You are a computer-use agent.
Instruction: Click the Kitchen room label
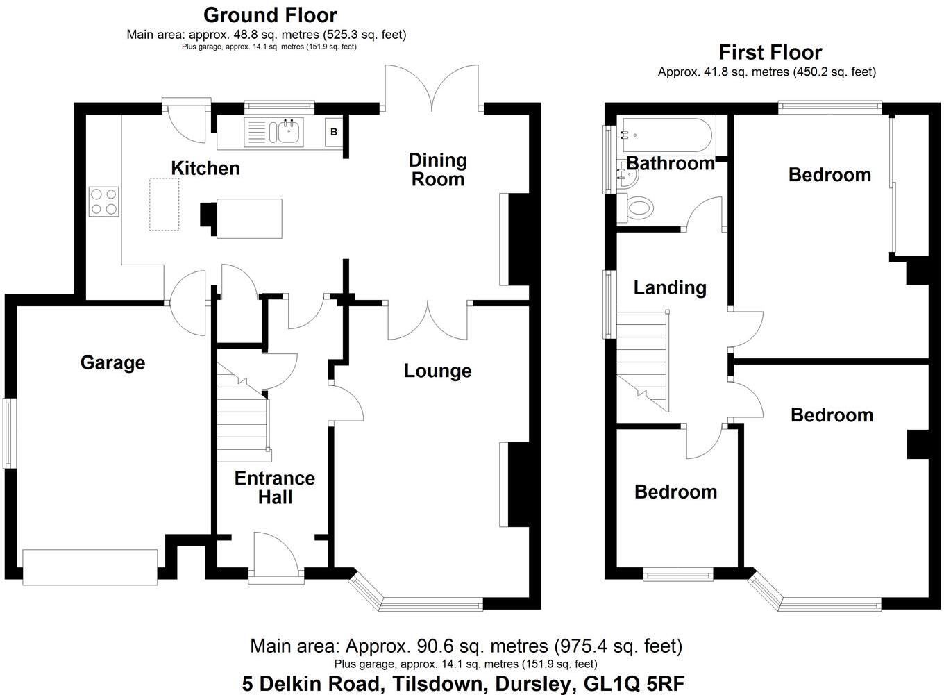click(x=205, y=168)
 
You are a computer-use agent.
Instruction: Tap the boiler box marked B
click(x=334, y=132)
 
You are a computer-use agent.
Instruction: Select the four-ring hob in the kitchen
click(x=103, y=201)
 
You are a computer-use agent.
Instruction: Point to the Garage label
click(x=112, y=362)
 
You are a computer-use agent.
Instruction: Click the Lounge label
click(x=437, y=371)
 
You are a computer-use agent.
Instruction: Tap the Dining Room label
click(x=437, y=169)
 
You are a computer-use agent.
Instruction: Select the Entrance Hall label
click(x=274, y=487)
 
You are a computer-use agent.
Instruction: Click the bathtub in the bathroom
click(x=665, y=135)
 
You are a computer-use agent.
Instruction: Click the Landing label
click(x=670, y=287)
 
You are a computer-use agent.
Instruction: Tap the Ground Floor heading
click(x=270, y=15)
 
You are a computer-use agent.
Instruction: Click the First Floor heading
click(x=770, y=52)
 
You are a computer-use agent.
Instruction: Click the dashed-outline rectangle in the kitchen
click(x=165, y=204)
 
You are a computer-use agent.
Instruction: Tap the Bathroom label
click(x=671, y=163)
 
